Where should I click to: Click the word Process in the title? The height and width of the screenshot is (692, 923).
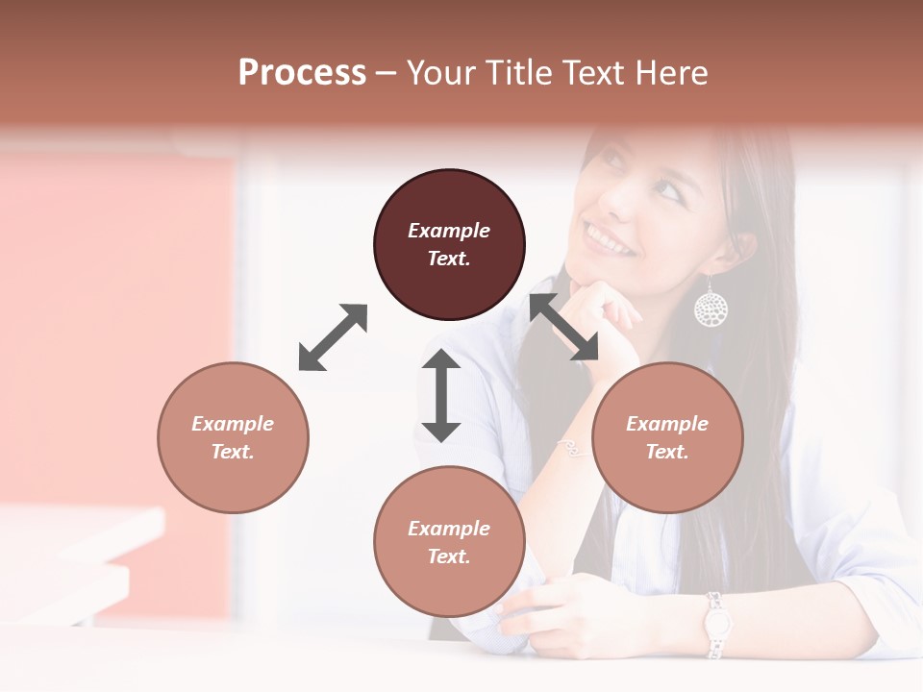click(x=302, y=73)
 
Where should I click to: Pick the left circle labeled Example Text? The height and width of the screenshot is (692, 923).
click(x=233, y=437)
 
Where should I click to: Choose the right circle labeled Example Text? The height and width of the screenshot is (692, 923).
click(x=667, y=437)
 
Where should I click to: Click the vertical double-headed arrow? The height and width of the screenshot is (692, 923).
click(x=441, y=395)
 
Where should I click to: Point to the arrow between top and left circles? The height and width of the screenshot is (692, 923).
click(x=333, y=337)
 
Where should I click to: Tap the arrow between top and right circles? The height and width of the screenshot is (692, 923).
click(x=563, y=327)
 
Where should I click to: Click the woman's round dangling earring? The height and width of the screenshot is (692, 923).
click(x=711, y=307)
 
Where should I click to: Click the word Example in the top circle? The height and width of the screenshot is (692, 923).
click(x=449, y=231)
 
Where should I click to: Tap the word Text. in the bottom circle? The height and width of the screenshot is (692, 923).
click(x=449, y=556)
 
